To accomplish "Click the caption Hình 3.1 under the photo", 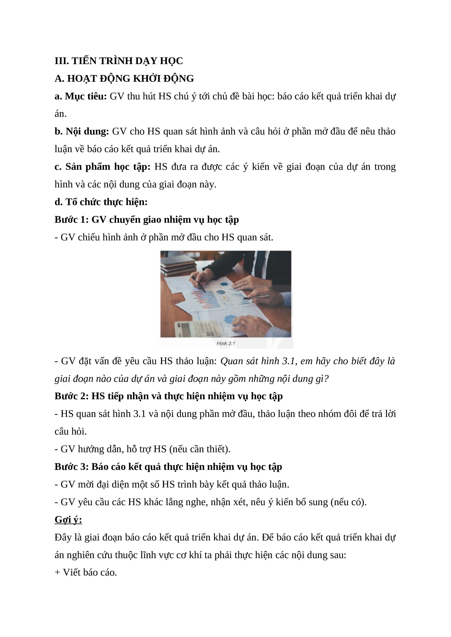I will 226,343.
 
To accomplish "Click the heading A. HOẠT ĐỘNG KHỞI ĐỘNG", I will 124,79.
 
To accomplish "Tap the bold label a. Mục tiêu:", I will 81,96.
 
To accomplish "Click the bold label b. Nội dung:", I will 82,131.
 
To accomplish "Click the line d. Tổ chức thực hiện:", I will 101,202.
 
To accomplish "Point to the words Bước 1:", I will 71,220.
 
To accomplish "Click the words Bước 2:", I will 71,396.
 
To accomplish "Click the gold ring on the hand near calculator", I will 243,323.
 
